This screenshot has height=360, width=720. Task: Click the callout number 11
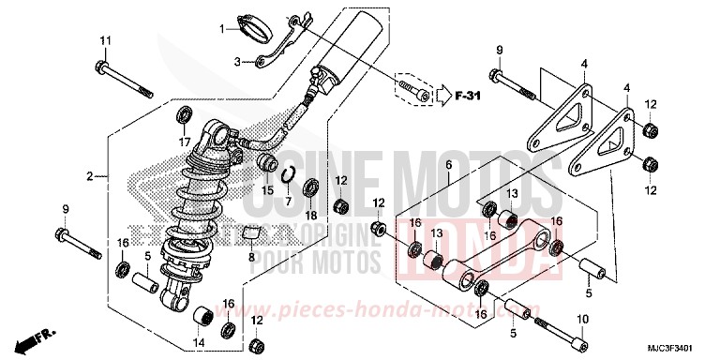click(105, 39)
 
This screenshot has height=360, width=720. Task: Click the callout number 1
click(223, 29)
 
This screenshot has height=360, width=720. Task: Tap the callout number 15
click(268, 190)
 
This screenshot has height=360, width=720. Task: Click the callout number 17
click(185, 142)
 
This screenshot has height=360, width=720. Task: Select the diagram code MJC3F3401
click(676, 345)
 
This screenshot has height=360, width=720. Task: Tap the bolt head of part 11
click(100, 66)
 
